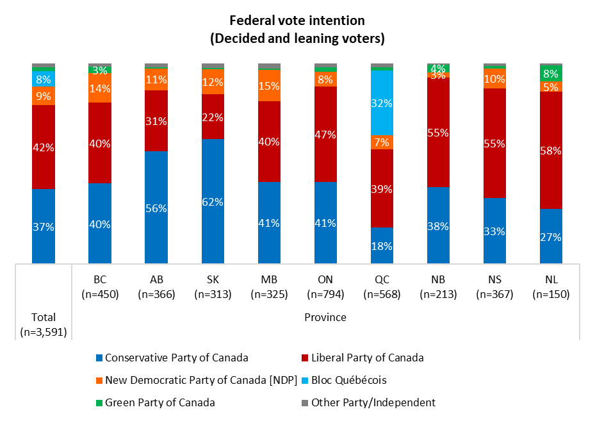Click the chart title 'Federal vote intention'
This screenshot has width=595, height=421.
[x=297, y=21]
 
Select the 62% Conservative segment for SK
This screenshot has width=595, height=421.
[x=213, y=201]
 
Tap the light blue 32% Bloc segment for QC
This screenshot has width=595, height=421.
[x=382, y=103]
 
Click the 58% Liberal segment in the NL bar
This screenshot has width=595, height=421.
[x=551, y=150]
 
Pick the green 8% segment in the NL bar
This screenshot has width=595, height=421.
[x=551, y=74]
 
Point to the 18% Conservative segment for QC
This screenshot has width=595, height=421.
[x=382, y=245]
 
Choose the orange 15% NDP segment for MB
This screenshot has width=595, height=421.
[x=269, y=86]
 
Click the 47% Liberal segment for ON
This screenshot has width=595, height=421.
[x=325, y=134]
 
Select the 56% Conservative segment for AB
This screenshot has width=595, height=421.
[x=156, y=207]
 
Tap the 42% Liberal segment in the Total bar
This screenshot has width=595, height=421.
[x=44, y=147]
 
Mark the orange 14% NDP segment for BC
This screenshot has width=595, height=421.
[x=100, y=88]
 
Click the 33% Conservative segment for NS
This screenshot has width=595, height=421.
[x=494, y=231]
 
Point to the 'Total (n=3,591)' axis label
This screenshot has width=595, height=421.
[x=44, y=324]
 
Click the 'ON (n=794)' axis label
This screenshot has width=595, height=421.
[x=325, y=287]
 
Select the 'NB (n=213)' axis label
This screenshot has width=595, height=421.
[x=438, y=287]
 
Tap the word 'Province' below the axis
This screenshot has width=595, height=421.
[x=325, y=317]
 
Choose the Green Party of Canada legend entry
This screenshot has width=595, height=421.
[x=154, y=402]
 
